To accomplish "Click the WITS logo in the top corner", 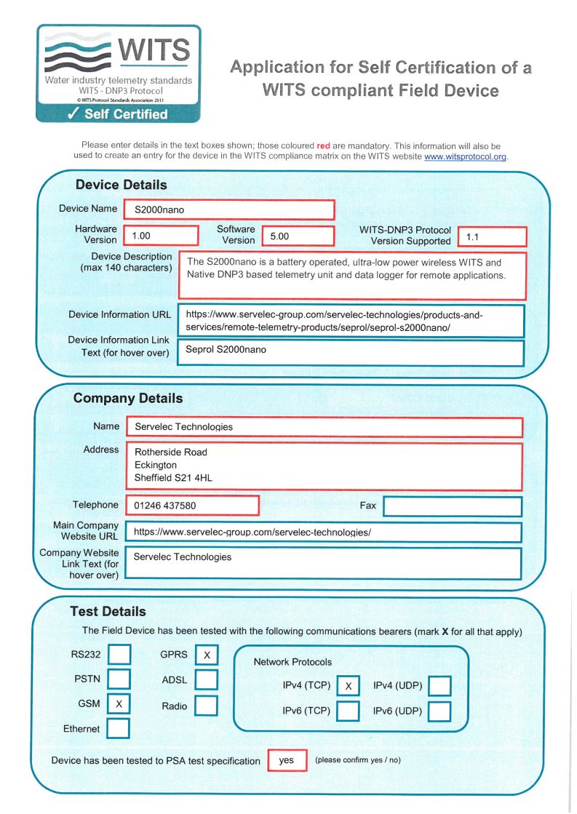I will [119, 73].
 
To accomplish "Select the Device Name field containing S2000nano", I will [229, 210].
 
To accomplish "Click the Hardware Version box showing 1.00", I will [162, 236].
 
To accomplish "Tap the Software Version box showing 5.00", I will [298, 236].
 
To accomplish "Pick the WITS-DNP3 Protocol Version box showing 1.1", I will [492, 236].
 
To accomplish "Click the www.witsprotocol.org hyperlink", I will [465, 156].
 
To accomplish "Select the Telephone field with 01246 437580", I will [193, 506].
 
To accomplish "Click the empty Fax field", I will [453, 506].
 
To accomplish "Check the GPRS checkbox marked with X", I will [207, 655].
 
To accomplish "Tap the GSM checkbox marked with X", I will [119, 704].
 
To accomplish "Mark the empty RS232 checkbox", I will [119, 655].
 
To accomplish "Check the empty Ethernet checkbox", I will [119, 728].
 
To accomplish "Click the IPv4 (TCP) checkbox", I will [349, 686].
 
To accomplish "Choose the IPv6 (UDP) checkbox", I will [439, 711].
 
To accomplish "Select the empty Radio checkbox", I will [207, 706].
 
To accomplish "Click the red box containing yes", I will [287, 760].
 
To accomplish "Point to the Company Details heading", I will [128, 399].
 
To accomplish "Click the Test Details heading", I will [108, 612].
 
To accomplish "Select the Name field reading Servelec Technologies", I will [324, 427].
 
